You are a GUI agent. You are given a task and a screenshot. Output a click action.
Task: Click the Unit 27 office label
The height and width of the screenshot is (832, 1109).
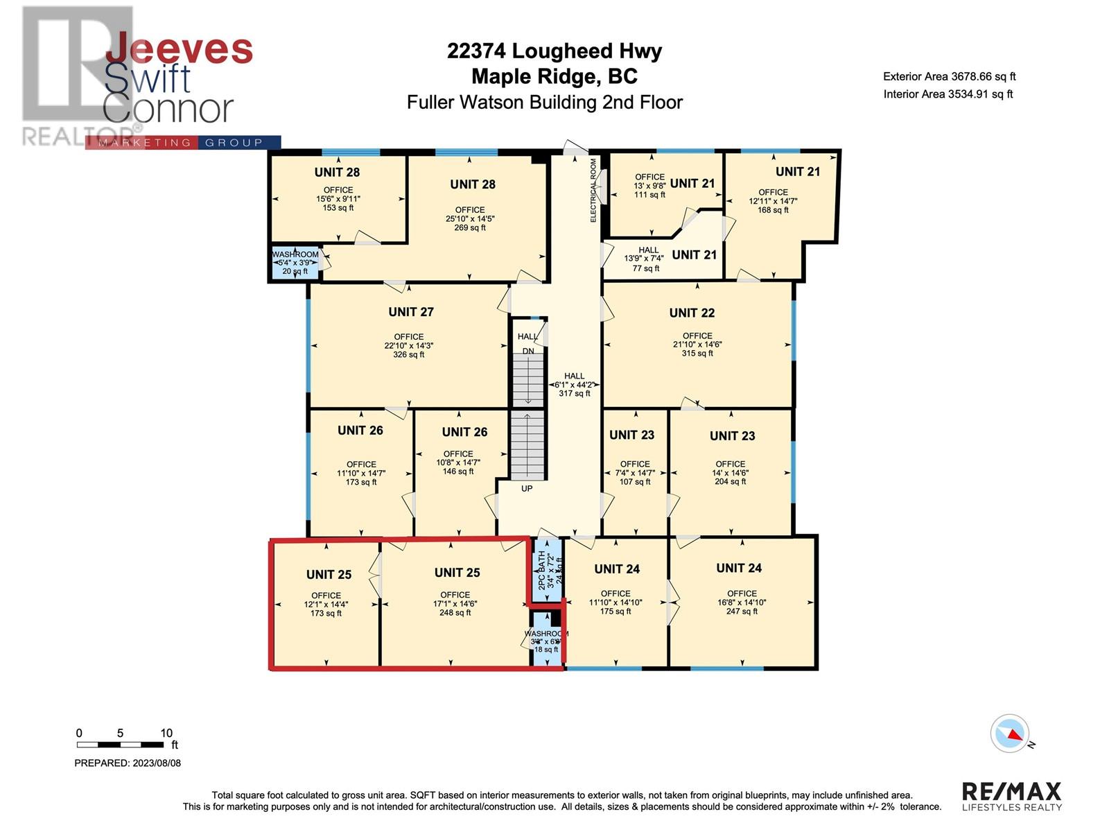point(410,313)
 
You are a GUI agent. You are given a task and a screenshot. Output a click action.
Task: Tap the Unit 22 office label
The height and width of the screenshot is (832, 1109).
point(692,313)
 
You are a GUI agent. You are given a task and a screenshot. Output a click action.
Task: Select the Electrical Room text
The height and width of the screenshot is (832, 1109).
point(593,191)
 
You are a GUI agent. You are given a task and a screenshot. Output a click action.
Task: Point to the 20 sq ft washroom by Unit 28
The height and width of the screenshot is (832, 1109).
point(295,263)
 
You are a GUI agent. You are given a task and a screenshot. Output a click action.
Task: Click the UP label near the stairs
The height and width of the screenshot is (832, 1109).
point(527,489)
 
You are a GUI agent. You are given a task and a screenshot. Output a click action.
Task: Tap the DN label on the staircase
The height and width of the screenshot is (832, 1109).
point(528,352)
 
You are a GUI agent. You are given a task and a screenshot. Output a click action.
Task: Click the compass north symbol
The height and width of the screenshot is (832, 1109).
point(1011,734)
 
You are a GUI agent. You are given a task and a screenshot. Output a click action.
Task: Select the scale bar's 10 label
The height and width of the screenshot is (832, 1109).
point(166,733)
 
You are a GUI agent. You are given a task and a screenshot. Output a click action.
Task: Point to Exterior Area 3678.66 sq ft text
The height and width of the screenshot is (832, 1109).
point(949,77)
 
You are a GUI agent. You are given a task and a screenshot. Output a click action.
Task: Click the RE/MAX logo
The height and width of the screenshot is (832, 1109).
point(1011,796)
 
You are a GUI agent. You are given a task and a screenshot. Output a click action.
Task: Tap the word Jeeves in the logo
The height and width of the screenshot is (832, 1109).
point(179,50)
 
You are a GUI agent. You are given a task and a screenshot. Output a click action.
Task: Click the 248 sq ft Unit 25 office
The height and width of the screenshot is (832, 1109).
point(455,603)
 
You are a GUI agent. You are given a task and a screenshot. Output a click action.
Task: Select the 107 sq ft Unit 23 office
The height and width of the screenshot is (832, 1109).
point(634,473)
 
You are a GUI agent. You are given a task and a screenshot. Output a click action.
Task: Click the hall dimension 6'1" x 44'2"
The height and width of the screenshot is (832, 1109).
point(574,385)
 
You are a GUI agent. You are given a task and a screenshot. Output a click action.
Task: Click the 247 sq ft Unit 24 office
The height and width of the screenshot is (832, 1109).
point(742,602)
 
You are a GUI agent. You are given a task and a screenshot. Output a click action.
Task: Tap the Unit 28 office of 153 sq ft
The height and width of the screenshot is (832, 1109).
point(338,198)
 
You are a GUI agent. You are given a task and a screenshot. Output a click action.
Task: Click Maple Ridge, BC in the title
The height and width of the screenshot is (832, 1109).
point(554,76)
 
